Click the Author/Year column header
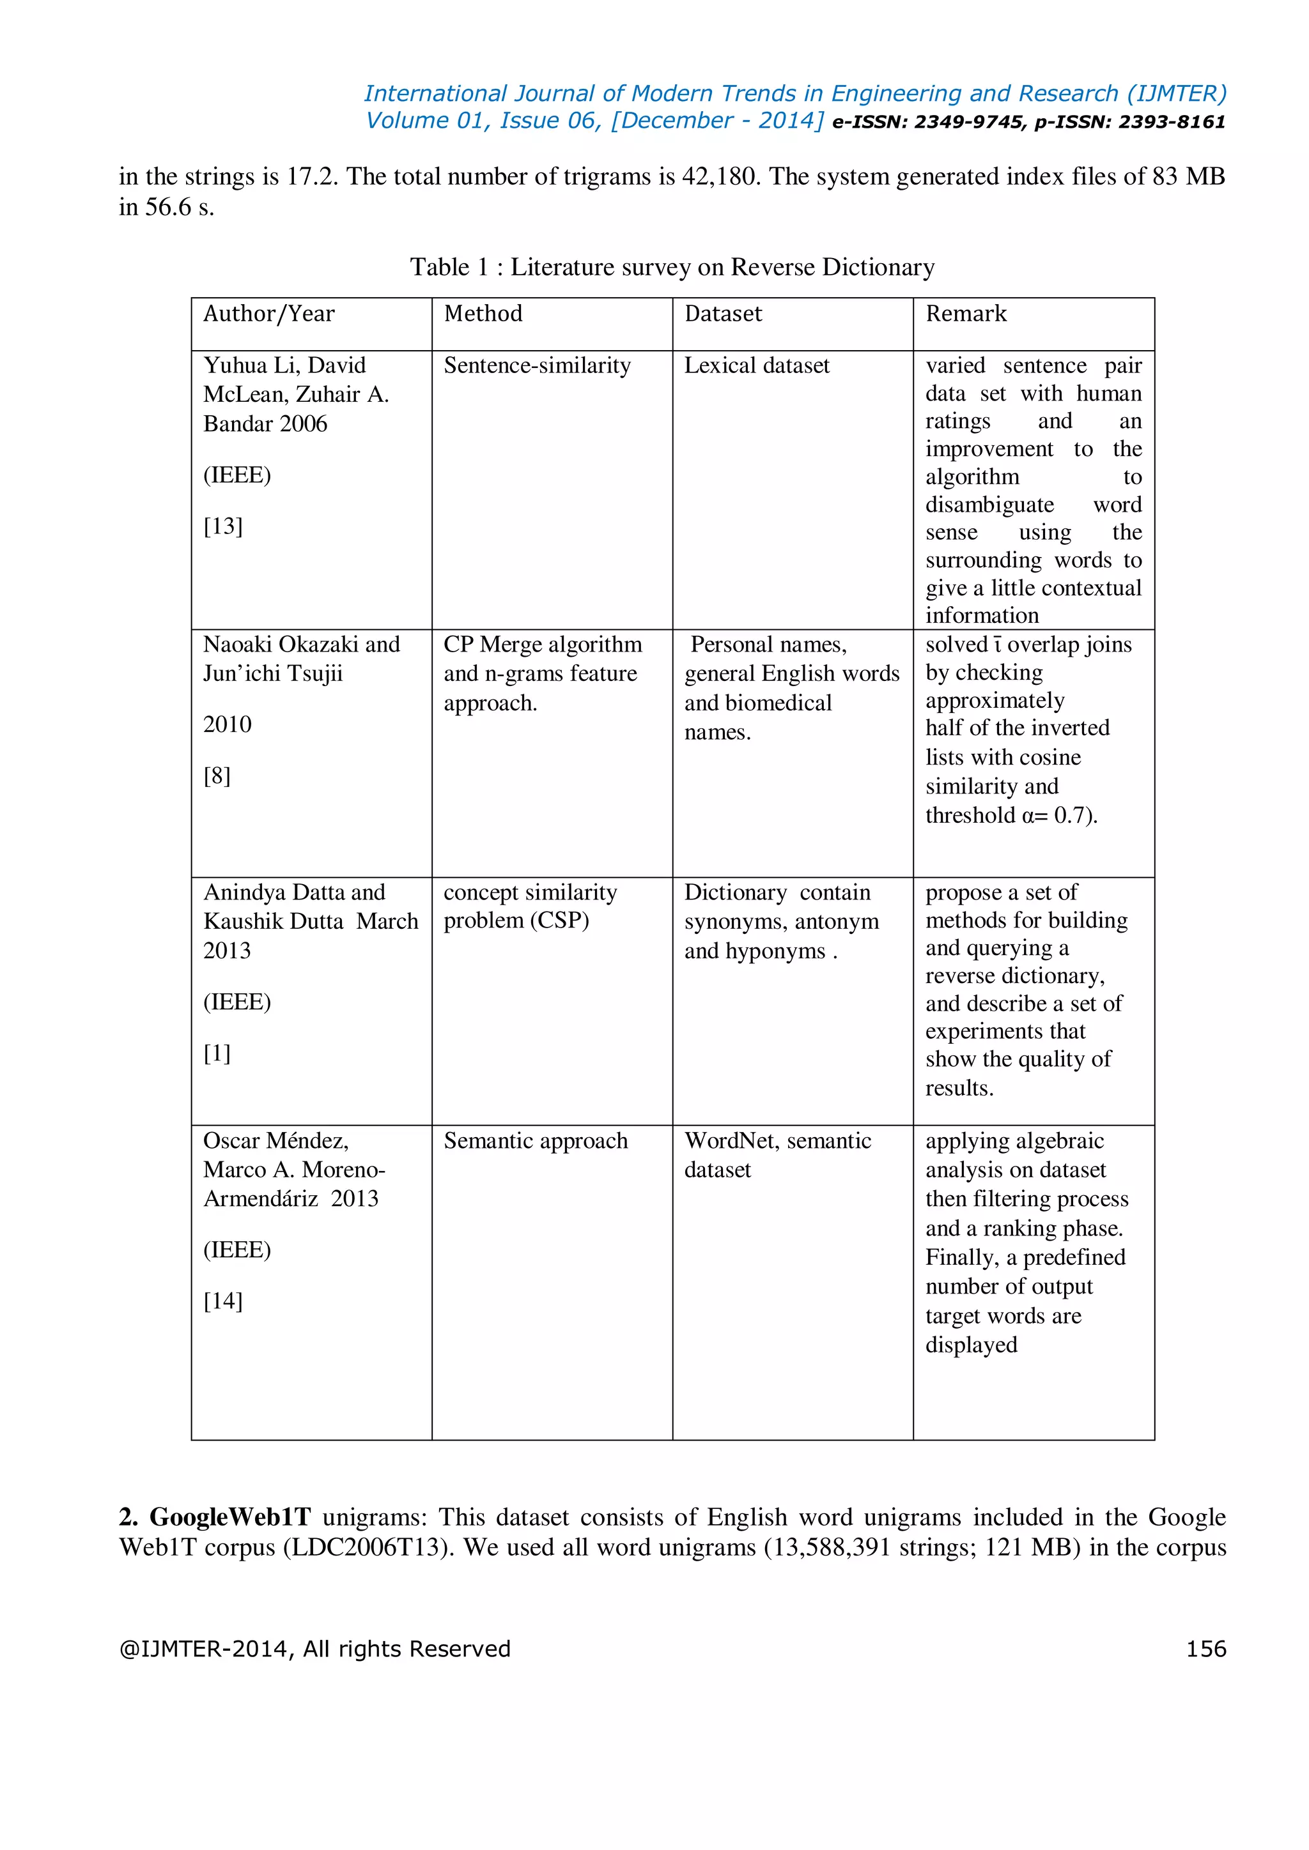pos(268,314)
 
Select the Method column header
pos(483,314)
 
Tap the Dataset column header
pos(722,314)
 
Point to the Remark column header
pos(966,314)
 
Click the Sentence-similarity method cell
pos(537,366)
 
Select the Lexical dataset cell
pos(756,366)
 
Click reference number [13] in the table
pos(222,526)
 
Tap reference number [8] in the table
pos(217,776)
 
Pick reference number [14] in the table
pos(222,1301)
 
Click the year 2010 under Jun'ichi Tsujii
pos(228,724)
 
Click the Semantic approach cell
pos(535,1141)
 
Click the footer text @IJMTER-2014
pos(206,1649)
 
